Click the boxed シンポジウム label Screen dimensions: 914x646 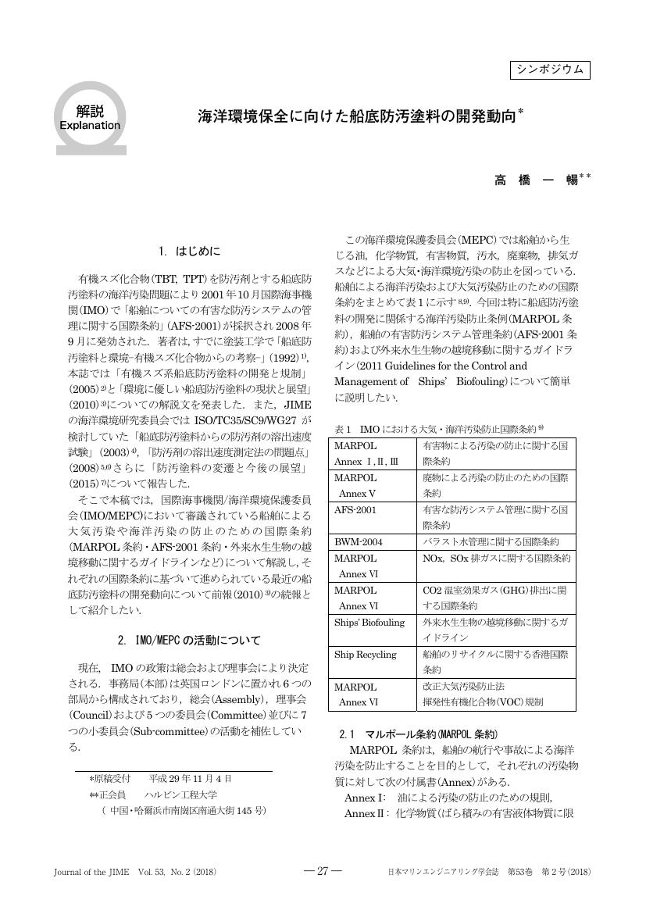(x=550, y=70)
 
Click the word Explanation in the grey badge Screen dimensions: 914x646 (x=90, y=125)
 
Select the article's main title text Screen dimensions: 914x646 (x=359, y=117)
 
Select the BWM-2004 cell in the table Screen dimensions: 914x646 (x=356, y=542)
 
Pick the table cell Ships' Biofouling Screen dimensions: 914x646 (x=369, y=623)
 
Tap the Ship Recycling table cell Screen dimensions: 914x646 (x=366, y=655)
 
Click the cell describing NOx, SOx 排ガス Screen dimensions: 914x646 (x=497, y=559)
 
